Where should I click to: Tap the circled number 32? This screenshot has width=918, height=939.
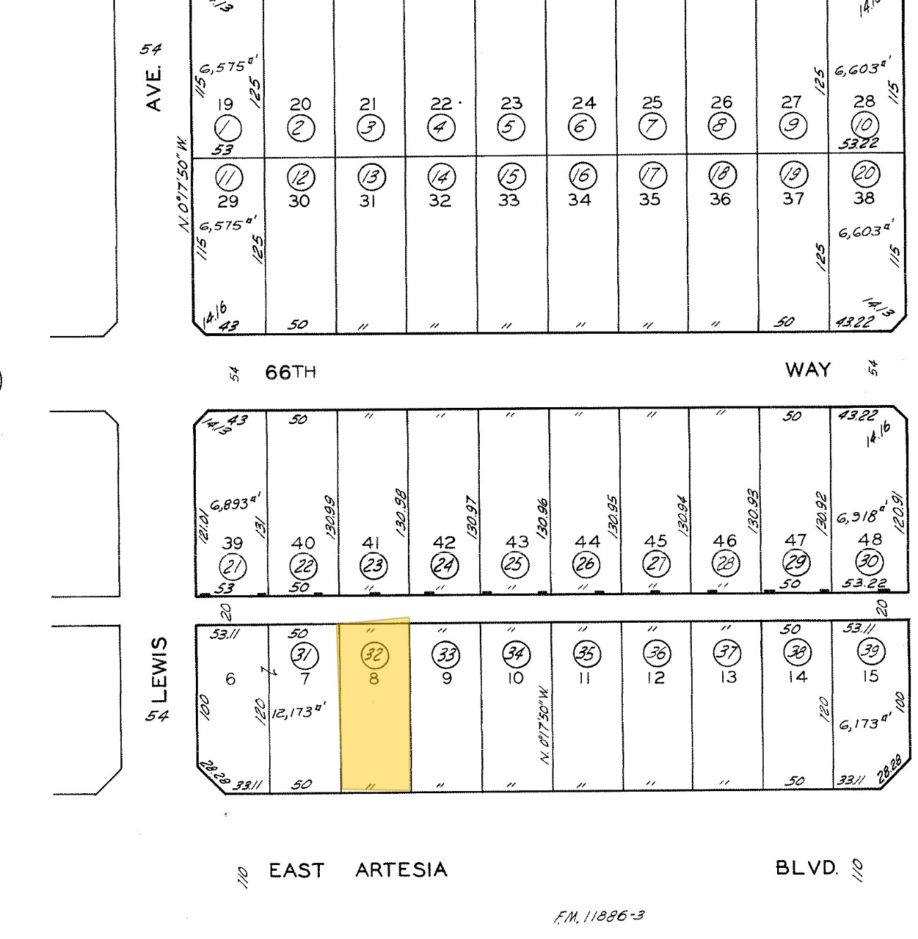click(x=374, y=655)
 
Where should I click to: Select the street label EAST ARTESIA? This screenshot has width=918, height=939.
click(x=358, y=870)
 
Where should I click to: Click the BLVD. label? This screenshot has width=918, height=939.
click(x=807, y=867)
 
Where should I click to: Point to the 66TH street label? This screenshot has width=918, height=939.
click(x=290, y=372)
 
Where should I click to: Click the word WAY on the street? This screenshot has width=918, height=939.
click(x=807, y=370)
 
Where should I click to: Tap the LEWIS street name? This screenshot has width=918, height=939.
click(x=161, y=670)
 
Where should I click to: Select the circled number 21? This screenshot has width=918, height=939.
click(x=231, y=566)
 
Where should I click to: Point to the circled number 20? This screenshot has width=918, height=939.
click(x=864, y=175)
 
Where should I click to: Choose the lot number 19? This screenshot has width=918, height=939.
click(x=225, y=105)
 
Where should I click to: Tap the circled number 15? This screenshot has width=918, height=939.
click(x=511, y=175)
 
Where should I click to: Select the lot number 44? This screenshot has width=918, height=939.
click(x=587, y=541)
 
